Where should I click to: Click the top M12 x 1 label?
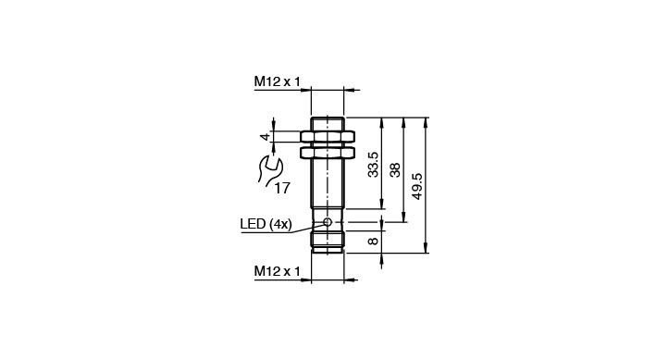tap(277, 81)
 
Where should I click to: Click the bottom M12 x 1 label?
tap(277, 271)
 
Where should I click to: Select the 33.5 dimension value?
tap(373, 164)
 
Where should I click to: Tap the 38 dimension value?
tap(395, 169)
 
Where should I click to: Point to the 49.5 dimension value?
tap(417, 186)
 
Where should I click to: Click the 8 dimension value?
tap(373, 241)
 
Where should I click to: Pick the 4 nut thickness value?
tap(265, 137)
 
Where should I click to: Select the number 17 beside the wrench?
tap(282, 189)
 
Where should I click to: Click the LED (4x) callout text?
tap(266, 224)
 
